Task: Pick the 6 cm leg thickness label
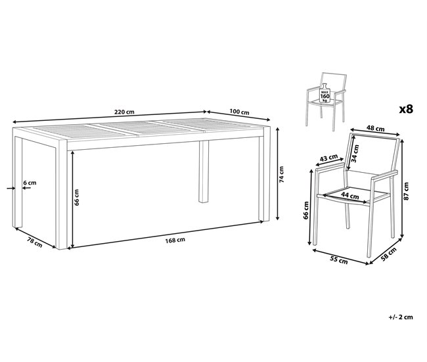click(30, 182)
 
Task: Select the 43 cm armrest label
click(329, 158)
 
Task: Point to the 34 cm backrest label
click(356, 154)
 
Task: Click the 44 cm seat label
click(350, 195)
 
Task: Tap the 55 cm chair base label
click(339, 261)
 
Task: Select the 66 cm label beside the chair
click(306, 218)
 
